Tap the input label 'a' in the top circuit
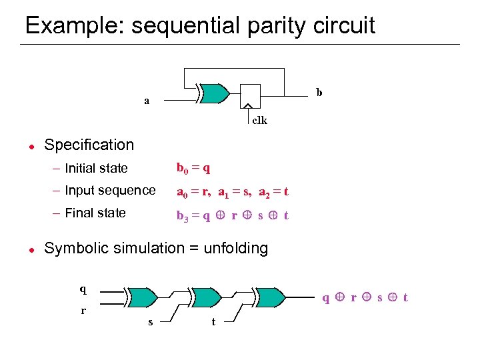tap(147, 101)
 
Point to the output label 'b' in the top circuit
tap(319, 93)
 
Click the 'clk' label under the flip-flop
tap(259, 121)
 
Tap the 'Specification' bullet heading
tap(89, 145)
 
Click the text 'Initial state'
tap(96, 168)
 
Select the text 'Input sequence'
tap(110, 191)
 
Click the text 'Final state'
tap(95, 213)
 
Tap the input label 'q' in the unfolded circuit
tap(83, 289)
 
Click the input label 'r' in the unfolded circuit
tap(83, 311)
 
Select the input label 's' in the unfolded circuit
tap(150, 322)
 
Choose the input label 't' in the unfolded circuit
tap(213, 322)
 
